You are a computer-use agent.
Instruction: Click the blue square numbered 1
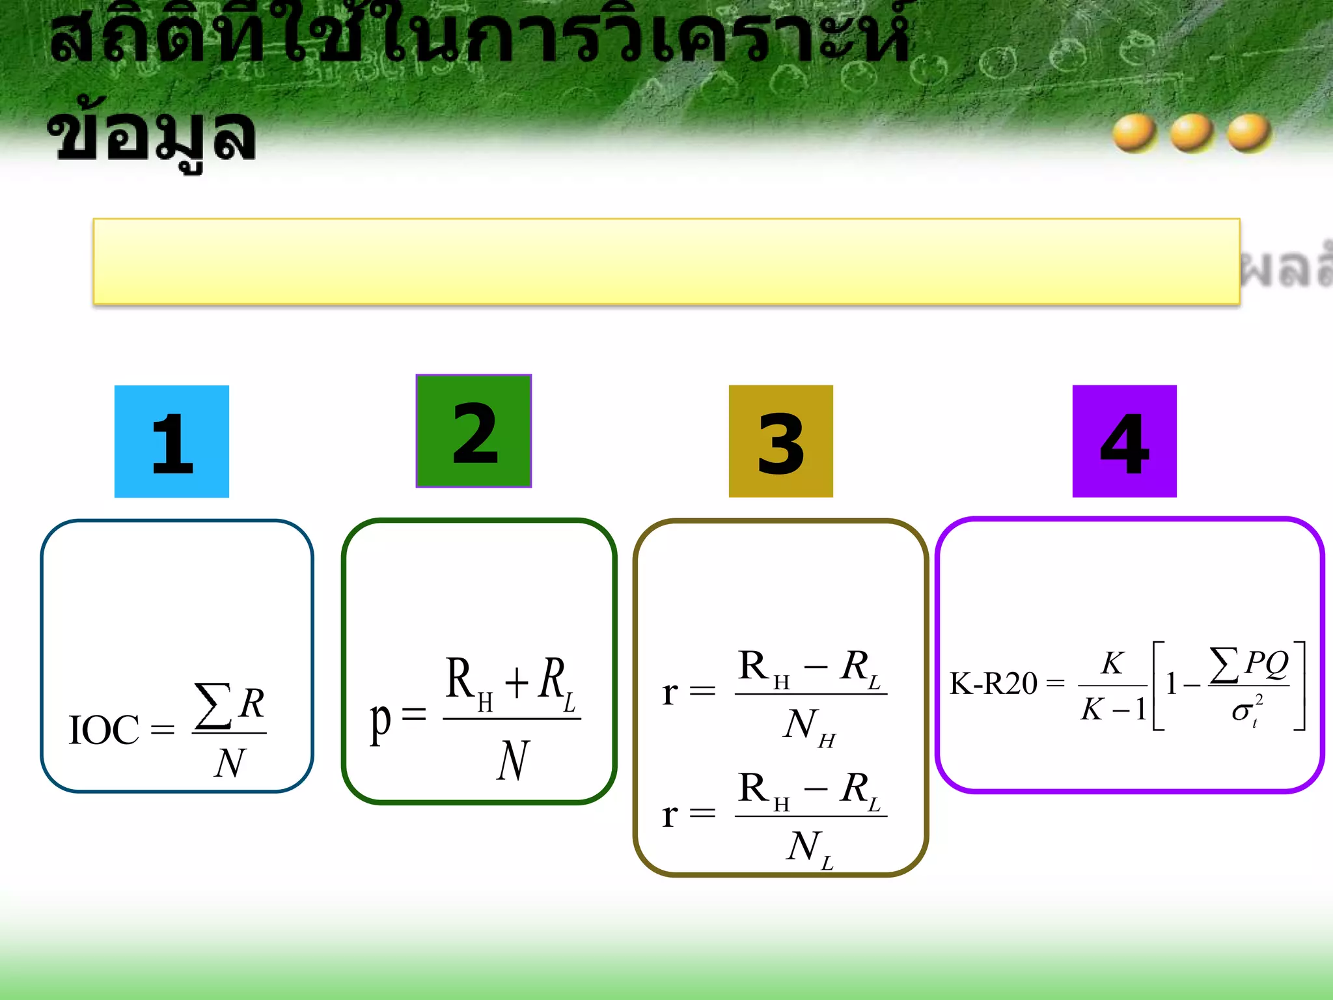[x=172, y=441]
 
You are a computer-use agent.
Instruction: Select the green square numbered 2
[x=474, y=431]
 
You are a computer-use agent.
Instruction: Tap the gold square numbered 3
[x=780, y=441]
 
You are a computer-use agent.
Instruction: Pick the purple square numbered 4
[x=1124, y=441]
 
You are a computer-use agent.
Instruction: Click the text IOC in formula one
[x=104, y=730]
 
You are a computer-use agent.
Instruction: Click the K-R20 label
[x=993, y=684]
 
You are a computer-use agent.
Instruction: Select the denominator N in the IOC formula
[x=230, y=762]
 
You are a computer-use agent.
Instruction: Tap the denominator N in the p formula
[x=513, y=760]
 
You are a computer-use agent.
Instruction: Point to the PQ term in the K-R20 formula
[x=1266, y=663]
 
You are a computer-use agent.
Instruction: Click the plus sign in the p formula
[x=517, y=683]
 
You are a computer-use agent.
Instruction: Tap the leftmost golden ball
[x=1134, y=133]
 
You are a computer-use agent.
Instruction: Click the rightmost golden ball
[x=1249, y=133]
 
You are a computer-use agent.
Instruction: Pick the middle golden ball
[x=1192, y=133]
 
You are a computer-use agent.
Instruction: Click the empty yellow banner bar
[x=666, y=261]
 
